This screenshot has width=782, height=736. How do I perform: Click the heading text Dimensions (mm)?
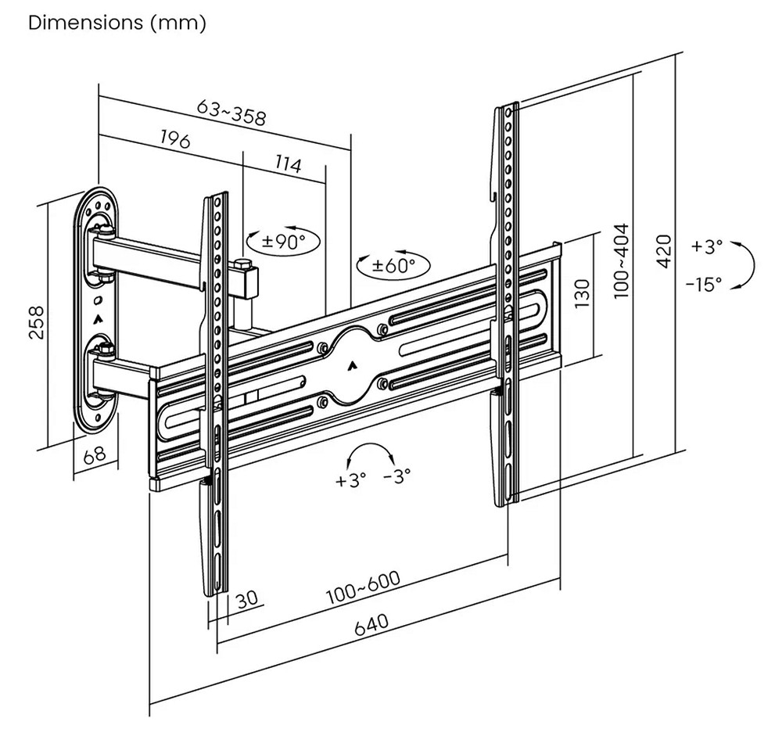117,23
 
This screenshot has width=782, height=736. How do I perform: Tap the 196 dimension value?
176,140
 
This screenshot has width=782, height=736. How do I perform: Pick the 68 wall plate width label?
94,455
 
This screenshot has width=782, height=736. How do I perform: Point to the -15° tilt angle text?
704,284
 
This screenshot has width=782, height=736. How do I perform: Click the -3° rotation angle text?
397,477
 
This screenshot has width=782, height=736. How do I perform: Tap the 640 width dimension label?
371,626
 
